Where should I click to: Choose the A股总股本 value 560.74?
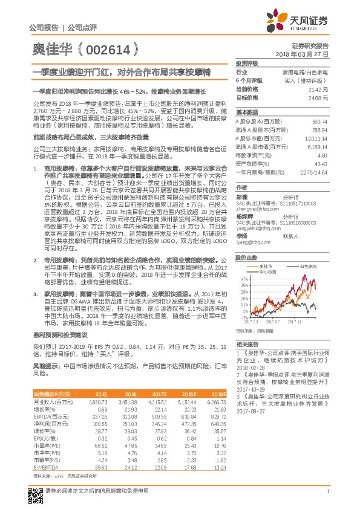321,122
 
